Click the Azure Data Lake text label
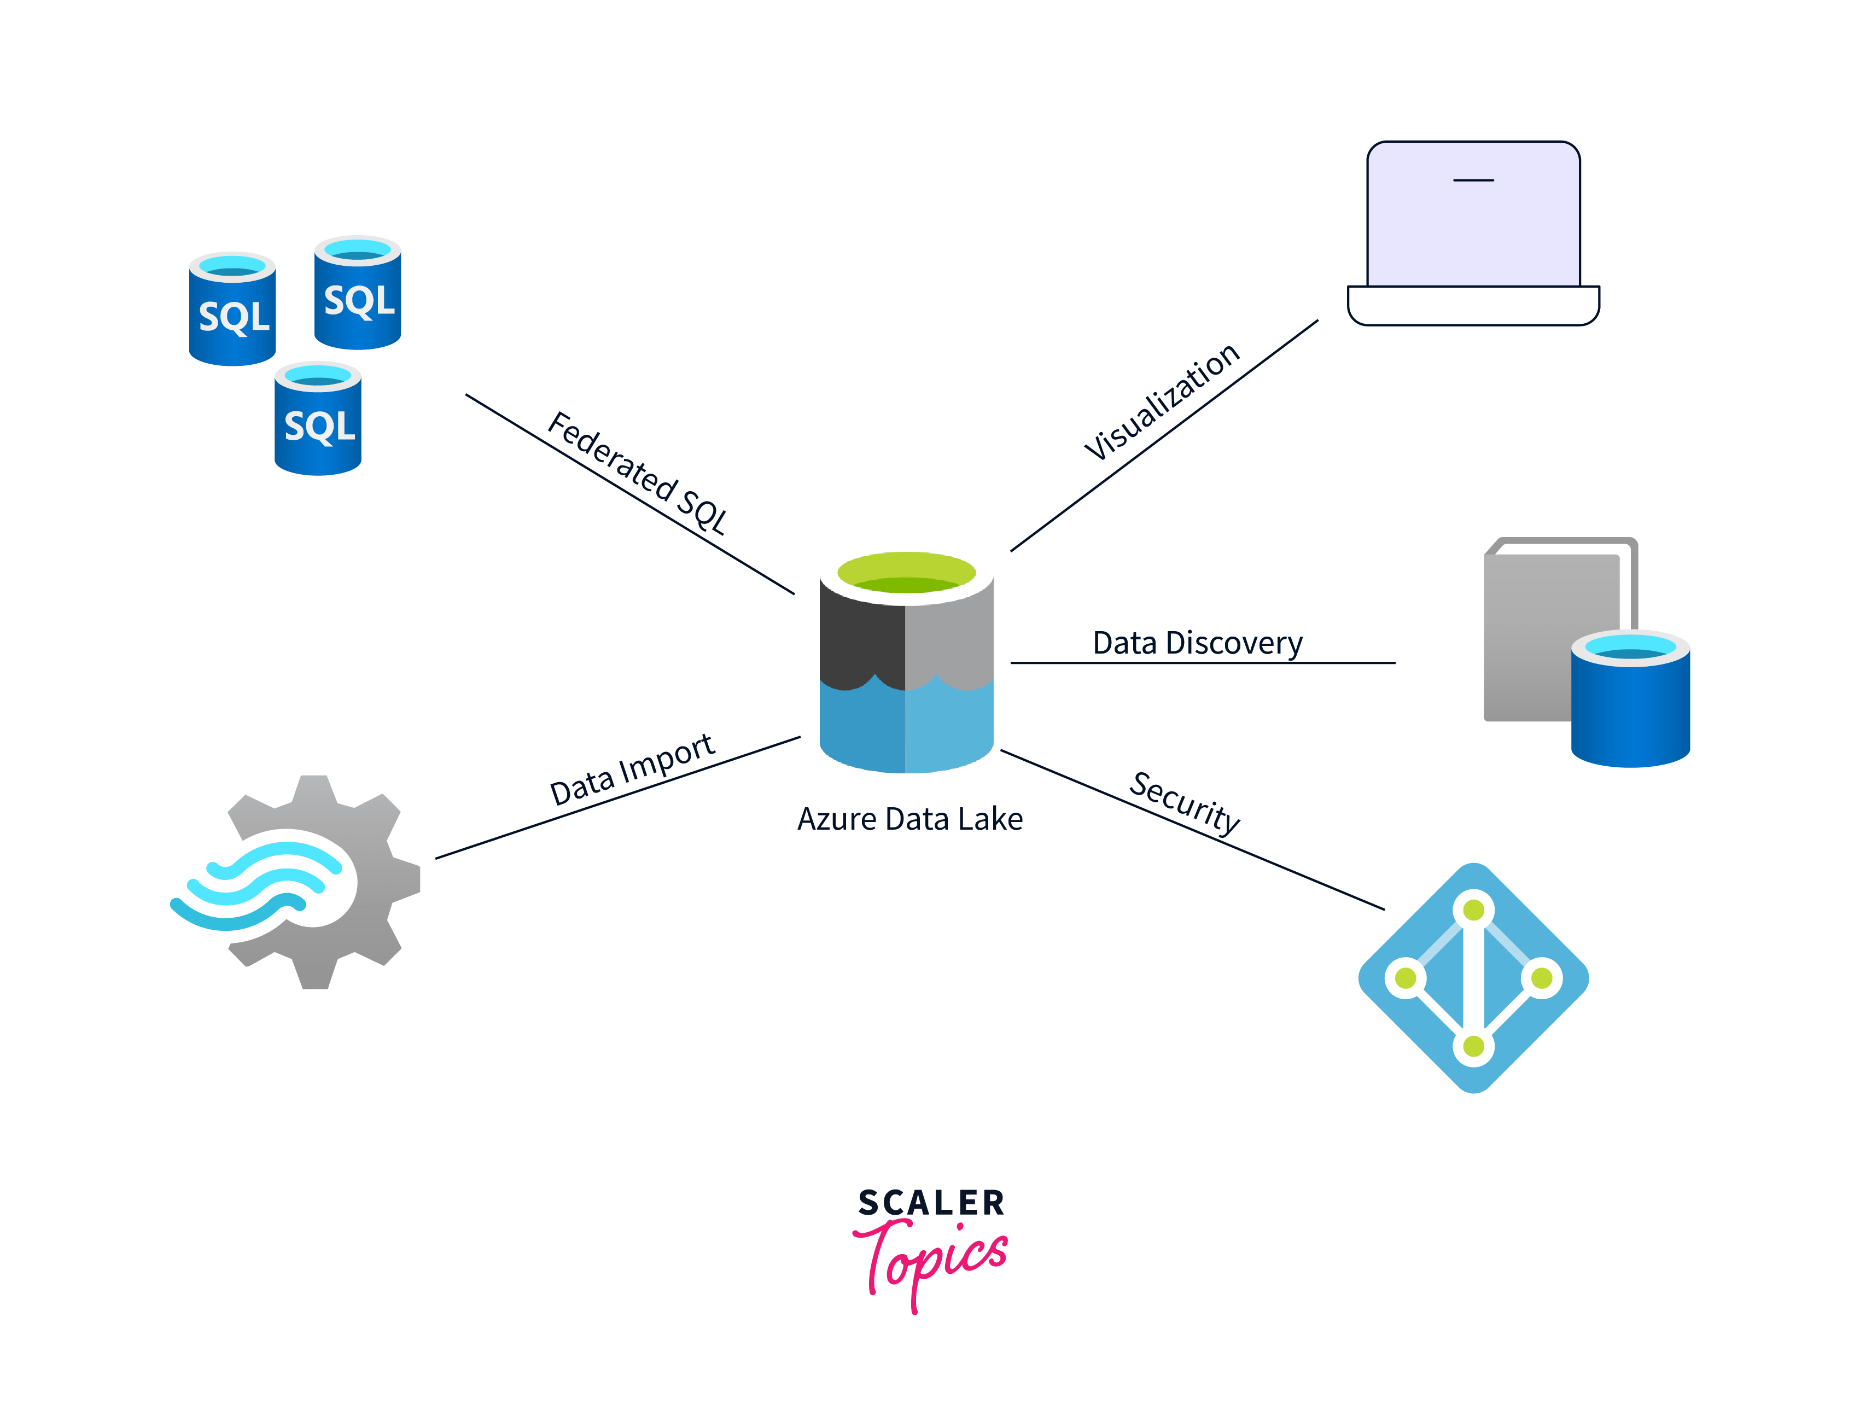point(909,819)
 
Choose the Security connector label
point(1184,802)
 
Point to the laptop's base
point(1473,306)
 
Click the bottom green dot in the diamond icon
point(1473,1046)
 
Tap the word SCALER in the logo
point(931,1203)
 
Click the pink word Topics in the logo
point(931,1258)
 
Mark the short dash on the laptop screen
point(1473,180)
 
